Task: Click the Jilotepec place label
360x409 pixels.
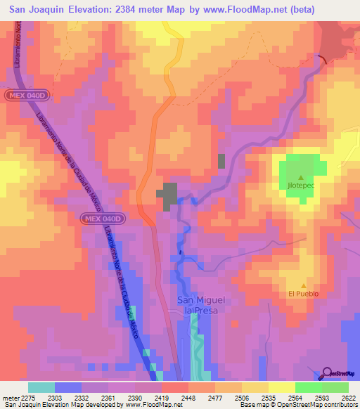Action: pos(300,185)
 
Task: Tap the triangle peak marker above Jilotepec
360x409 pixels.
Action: pos(301,177)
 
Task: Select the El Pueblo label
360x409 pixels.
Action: pos(303,294)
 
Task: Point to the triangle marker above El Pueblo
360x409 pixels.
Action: pos(303,286)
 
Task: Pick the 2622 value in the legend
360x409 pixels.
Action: pos(349,397)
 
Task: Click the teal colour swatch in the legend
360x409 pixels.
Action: pos(41,387)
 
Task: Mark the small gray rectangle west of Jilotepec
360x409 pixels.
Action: pos(221,161)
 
